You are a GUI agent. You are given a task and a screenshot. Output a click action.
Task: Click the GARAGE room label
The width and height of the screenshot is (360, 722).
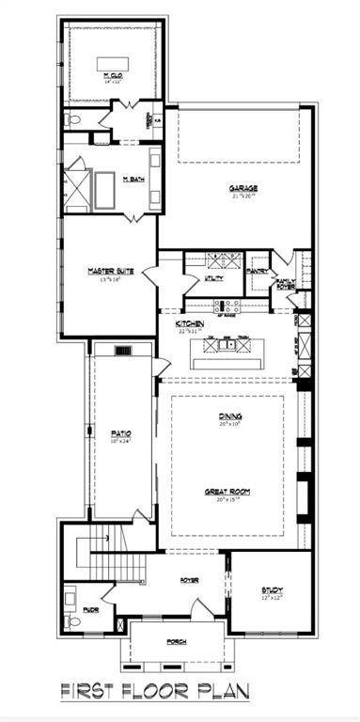coord(243,188)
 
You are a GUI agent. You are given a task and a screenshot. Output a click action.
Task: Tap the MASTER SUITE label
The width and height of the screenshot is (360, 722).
coord(111,271)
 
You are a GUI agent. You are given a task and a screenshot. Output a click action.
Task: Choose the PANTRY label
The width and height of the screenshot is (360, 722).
coord(257,272)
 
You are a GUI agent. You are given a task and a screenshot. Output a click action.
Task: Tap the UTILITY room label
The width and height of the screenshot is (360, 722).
coord(215,279)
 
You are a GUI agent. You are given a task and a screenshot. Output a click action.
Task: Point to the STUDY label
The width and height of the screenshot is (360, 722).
coord(273,590)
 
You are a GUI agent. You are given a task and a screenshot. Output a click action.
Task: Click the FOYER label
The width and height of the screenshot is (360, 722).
coord(189,580)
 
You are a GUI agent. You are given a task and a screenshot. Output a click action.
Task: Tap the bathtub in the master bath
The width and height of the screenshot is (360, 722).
coord(103,191)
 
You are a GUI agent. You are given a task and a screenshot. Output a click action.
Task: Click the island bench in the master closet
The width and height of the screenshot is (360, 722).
coord(116,63)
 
